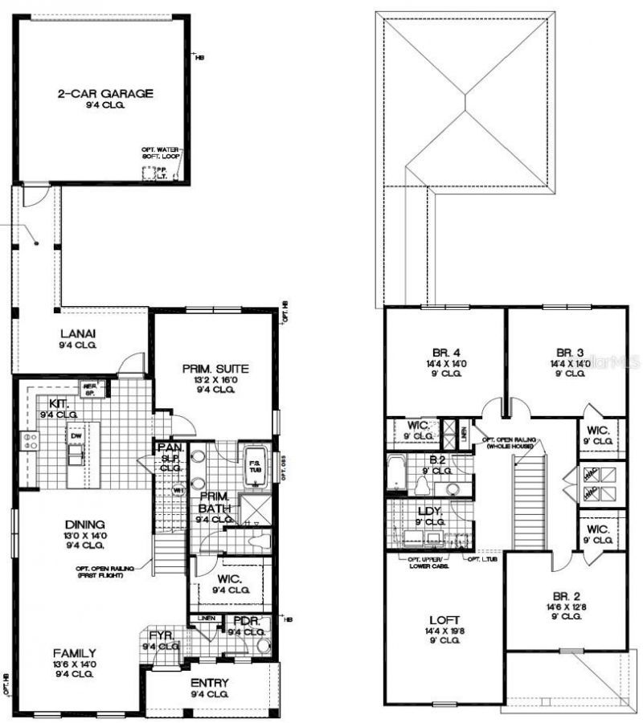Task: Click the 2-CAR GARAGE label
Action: click(x=104, y=94)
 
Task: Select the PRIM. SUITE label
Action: click(x=215, y=369)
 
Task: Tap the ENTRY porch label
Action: click(x=210, y=683)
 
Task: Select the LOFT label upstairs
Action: click(x=444, y=620)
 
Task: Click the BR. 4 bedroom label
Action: click(x=444, y=351)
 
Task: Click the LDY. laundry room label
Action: click(x=432, y=511)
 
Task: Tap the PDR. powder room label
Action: click(x=244, y=621)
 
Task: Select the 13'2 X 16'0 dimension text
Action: click(x=215, y=380)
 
